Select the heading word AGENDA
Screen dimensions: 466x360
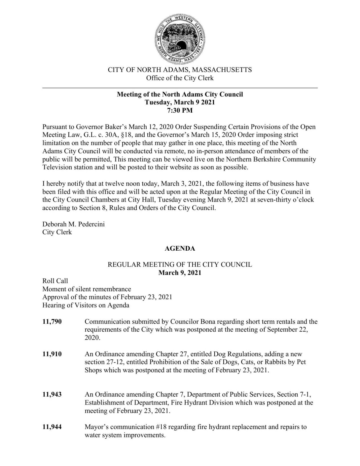click(x=180, y=248)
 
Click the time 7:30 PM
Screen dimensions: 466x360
click(x=180, y=110)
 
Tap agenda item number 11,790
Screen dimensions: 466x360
click(x=52, y=322)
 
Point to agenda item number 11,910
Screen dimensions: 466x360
click(x=52, y=354)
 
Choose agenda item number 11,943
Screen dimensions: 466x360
click(x=52, y=395)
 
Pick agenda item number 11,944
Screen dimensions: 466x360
click(x=52, y=427)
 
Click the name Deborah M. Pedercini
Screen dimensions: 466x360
click(x=73, y=224)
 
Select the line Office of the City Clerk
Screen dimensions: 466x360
click(x=180, y=78)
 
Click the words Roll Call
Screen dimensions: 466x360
click(x=55, y=281)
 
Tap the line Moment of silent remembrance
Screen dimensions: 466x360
click(x=87, y=289)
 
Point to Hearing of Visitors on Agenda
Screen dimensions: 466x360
click(x=86, y=305)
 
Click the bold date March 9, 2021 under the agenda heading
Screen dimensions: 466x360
click(x=180, y=273)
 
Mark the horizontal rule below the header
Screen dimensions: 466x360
click(x=180, y=88)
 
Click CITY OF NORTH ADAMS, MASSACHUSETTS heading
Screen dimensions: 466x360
click(x=180, y=70)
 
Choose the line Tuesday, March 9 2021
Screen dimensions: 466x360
click(x=180, y=102)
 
